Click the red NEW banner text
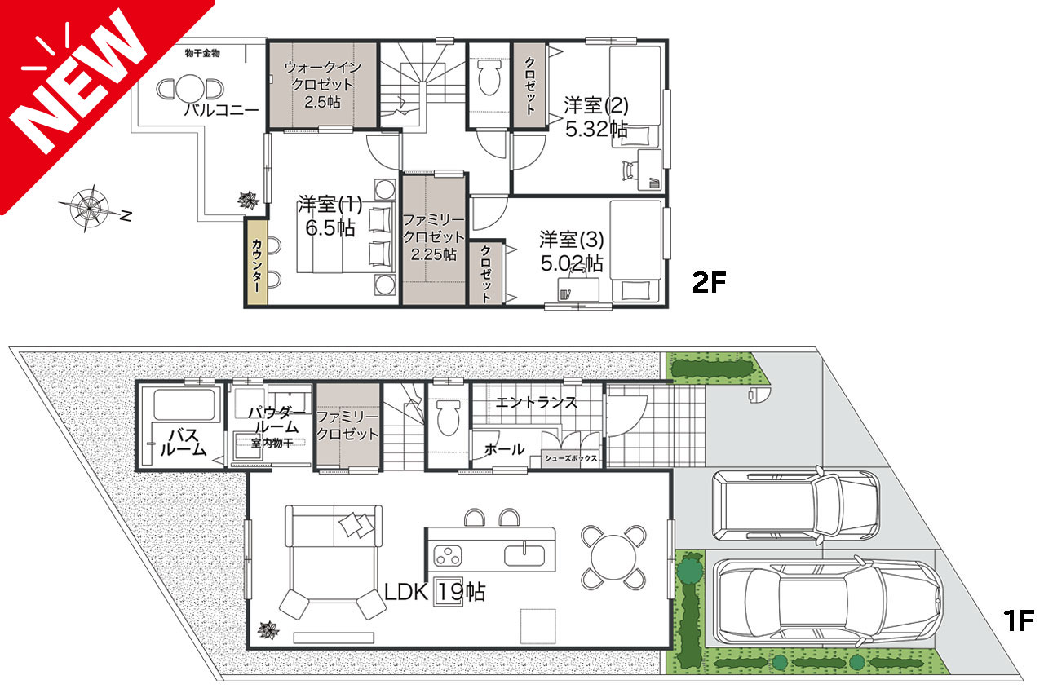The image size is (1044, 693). pyautogui.click(x=79, y=82)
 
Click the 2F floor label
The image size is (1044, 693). pyautogui.click(x=709, y=282)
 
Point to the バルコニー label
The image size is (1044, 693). pyautogui.click(x=221, y=110)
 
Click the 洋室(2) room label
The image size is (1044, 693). pyautogui.click(x=596, y=105)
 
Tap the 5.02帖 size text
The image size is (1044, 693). pyautogui.click(x=572, y=263)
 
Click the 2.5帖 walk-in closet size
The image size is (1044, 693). pyautogui.click(x=322, y=102)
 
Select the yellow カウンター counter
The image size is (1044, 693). pyautogui.click(x=256, y=263)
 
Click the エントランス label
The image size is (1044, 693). pyautogui.click(x=536, y=402)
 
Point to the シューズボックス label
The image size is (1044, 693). pyautogui.click(x=571, y=458)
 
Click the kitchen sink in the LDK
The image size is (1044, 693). pyautogui.click(x=524, y=555)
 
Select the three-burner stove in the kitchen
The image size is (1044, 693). pyautogui.click(x=448, y=555)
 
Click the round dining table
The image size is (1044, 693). pyautogui.click(x=613, y=557)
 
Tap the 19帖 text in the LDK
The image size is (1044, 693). pyautogui.click(x=461, y=592)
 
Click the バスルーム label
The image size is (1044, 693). pyautogui.click(x=184, y=443)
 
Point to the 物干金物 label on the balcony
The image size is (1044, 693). pyautogui.click(x=202, y=53)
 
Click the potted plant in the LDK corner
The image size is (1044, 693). pyautogui.click(x=269, y=630)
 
